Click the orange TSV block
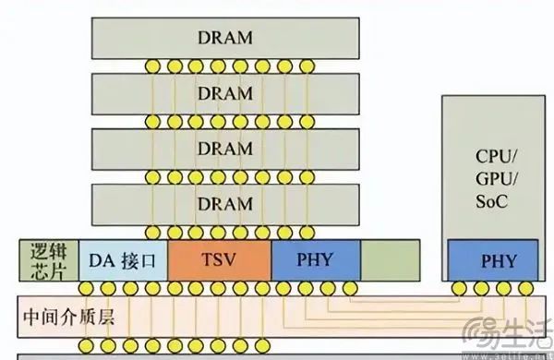tap(219, 260)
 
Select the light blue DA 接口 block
tap(124, 260)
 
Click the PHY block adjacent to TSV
tap(316, 260)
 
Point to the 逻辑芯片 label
tap(46, 259)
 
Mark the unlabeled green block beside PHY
tap(389, 260)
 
